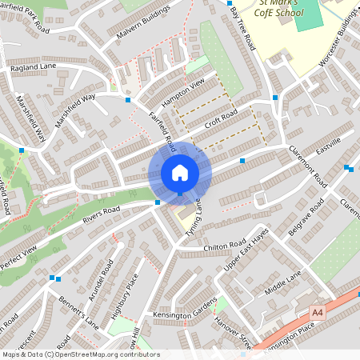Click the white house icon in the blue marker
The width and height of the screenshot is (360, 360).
point(179,173)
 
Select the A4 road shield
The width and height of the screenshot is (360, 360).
point(318,311)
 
